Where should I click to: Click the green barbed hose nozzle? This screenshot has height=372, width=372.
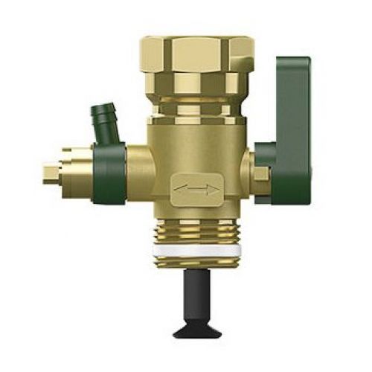click(x=101, y=119)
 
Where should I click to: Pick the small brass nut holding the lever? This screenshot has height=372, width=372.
click(x=260, y=175)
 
